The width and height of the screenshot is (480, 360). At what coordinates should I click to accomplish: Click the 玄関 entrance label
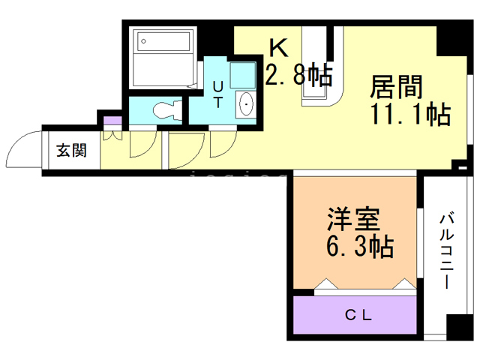[x=72, y=150]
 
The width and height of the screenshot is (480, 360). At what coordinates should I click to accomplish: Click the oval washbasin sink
[x=246, y=104]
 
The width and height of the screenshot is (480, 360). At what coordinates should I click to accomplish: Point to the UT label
[x=217, y=94]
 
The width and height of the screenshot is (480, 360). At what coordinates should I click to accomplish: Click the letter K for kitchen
[x=279, y=48]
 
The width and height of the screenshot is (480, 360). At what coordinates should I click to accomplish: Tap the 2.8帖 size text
[x=298, y=74]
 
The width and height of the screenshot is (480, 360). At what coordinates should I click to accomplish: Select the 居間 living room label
[x=396, y=87]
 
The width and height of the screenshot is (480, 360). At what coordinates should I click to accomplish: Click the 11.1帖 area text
[x=411, y=115]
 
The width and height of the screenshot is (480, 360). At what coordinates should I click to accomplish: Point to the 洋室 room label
[x=354, y=220]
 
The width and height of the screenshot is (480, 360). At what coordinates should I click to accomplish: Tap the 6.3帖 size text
[x=360, y=247]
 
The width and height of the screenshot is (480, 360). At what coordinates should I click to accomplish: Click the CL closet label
[x=358, y=315]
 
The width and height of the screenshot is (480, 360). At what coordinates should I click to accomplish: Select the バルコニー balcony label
[x=447, y=250]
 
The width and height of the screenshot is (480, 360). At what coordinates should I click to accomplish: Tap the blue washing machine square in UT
[x=243, y=75]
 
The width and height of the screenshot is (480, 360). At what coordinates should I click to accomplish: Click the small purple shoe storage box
[x=112, y=120]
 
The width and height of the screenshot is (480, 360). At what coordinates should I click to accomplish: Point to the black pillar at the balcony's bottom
[x=460, y=327]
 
